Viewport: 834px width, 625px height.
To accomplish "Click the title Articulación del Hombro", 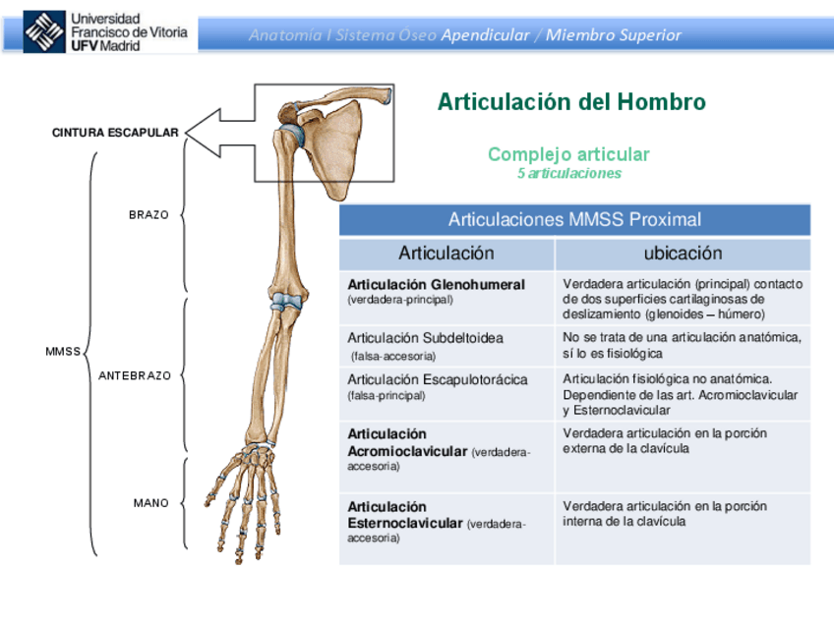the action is (x=570, y=102).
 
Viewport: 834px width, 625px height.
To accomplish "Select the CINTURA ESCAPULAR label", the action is (x=115, y=133).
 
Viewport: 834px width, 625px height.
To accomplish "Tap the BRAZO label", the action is (x=149, y=214).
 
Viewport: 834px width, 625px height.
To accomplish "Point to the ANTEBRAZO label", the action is (x=135, y=375).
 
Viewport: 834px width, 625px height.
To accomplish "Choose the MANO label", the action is (x=151, y=503).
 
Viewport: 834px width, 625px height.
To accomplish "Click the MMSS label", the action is (x=63, y=351).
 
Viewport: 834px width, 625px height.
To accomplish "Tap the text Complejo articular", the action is (x=568, y=154).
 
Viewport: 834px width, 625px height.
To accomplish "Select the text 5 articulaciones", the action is (x=569, y=173).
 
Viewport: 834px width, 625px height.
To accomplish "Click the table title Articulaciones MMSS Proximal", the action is (x=574, y=219).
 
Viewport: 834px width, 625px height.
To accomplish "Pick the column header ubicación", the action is (x=683, y=254).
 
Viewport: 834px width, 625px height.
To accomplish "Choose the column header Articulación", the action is (x=447, y=254).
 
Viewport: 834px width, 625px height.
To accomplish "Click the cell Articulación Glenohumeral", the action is (x=437, y=291).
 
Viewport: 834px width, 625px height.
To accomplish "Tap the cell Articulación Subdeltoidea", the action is (x=425, y=345).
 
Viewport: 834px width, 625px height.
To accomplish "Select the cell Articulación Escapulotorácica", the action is (x=437, y=386).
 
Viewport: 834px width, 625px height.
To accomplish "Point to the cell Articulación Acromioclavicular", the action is (x=439, y=449).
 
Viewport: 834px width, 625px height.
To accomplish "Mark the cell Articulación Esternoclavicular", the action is (x=439, y=523).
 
